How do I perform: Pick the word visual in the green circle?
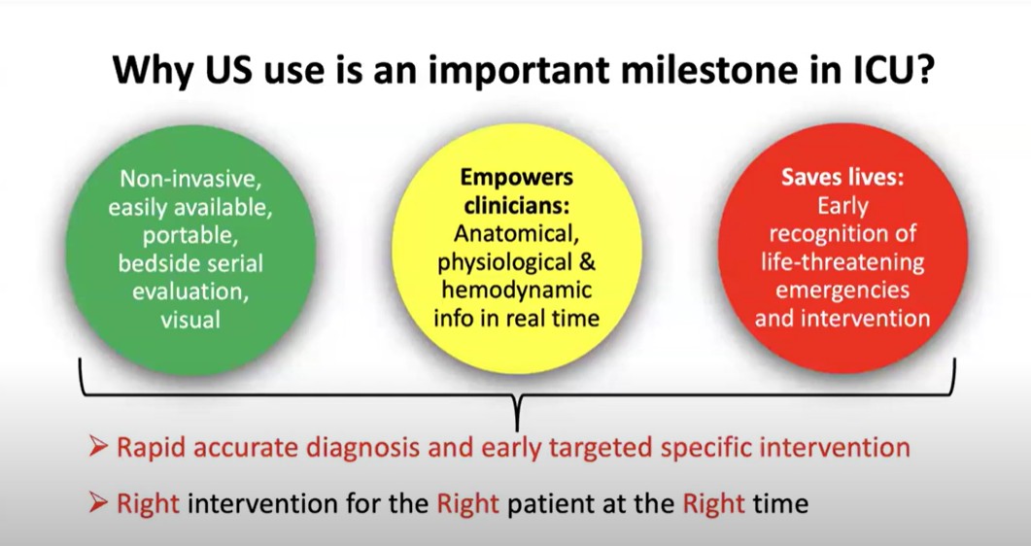click(x=190, y=320)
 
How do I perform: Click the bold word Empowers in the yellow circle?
click(x=516, y=178)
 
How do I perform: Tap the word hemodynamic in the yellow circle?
click(x=516, y=290)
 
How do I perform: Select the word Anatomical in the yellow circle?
click(x=516, y=233)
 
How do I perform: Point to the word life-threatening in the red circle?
click(x=842, y=262)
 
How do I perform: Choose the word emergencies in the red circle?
click(x=842, y=291)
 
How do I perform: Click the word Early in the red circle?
click(x=842, y=206)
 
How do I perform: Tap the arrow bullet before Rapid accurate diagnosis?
click(x=98, y=448)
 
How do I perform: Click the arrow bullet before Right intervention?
click(x=98, y=503)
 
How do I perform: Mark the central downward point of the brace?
click(x=517, y=430)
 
